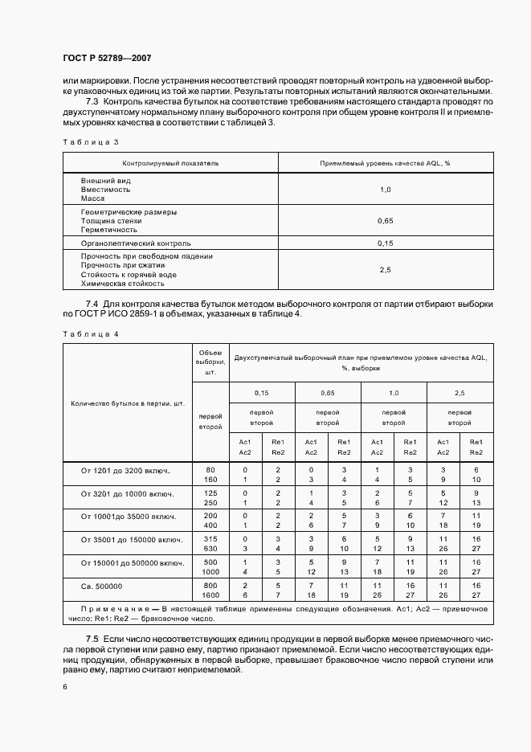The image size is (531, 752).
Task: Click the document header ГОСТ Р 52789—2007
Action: pyautogui.click(x=107, y=59)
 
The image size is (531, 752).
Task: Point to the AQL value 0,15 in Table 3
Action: pyautogui.click(x=384, y=242)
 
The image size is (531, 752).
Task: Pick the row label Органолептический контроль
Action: pyautogui.click(x=136, y=242)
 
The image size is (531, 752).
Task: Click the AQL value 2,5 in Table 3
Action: pyautogui.click(x=384, y=270)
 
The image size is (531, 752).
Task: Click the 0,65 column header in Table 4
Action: pyautogui.click(x=328, y=393)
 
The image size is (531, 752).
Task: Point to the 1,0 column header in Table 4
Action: pyautogui.click(x=394, y=393)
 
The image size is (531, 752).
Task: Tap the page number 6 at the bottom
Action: pyautogui.click(x=65, y=687)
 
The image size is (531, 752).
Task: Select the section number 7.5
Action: pyautogui.click(x=91, y=637)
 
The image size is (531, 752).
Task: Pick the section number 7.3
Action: pyautogui.click(x=91, y=104)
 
